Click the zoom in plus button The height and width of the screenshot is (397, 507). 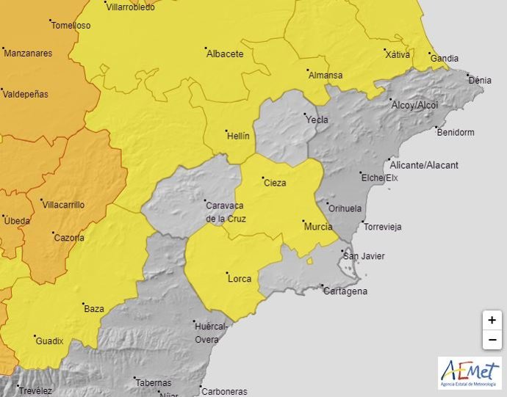point(492,321)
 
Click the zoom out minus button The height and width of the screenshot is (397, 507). point(492,340)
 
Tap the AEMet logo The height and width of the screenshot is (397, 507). point(470,374)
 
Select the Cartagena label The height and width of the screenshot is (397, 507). point(345,291)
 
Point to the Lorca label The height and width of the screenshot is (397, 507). point(240,278)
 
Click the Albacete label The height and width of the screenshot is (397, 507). point(225,54)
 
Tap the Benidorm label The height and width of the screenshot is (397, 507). point(455,132)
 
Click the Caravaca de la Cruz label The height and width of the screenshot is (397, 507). point(226,213)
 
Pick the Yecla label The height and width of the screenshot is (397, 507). point(317,119)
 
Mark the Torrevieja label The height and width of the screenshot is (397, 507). point(383,227)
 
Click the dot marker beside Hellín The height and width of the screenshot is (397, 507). point(223,132)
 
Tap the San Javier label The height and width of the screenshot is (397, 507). point(364,256)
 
